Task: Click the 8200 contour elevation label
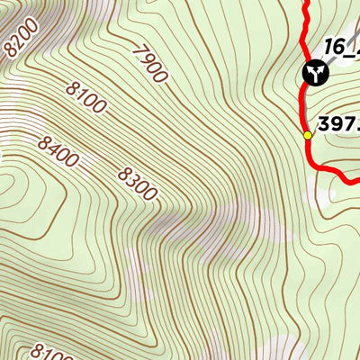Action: pos(22,37)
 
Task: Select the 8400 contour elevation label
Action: pos(58,151)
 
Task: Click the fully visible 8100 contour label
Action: pos(85,100)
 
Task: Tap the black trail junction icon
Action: pos(314,72)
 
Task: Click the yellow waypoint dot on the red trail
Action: pos(308,135)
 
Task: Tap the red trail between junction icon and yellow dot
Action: pos(304,108)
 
